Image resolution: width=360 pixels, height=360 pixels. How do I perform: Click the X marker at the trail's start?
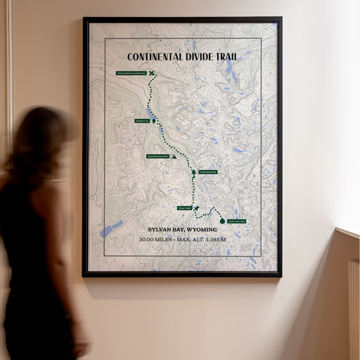[152, 73]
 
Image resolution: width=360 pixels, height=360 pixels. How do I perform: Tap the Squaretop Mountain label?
[157, 156]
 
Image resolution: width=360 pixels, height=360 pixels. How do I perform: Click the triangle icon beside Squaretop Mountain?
[174, 157]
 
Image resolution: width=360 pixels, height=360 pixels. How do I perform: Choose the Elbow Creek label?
[185, 208]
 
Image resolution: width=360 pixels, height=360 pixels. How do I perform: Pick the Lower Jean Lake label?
[237, 221]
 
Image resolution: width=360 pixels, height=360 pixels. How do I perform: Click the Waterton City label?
[142, 121]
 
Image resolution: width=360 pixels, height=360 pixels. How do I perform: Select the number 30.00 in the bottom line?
[149, 240]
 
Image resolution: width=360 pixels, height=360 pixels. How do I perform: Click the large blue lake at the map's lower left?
[112, 228]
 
